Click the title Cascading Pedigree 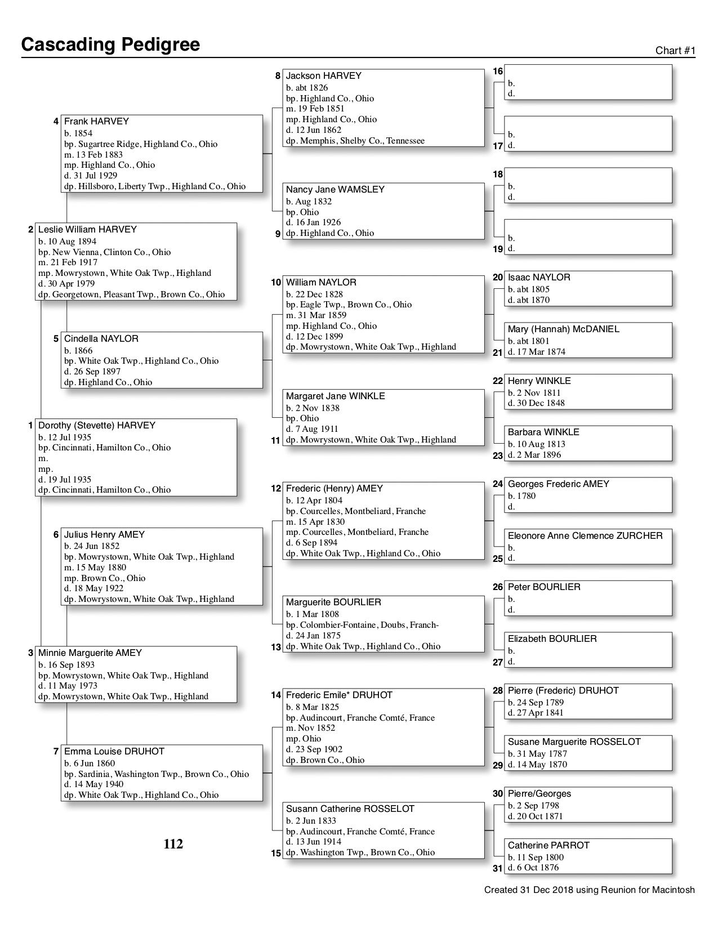pyautogui.click(x=110, y=44)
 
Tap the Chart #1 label pyautogui.click(x=675, y=51)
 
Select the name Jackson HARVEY pyautogui.click(x=323, y=76)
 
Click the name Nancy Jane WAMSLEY pyautogui.click(x=335, y=190)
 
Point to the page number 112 pyautogui.click(x=173, y=844)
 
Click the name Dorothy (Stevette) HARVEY pyautogui.click(x=96, y=426)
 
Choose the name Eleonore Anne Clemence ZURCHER pyautogui.click(x=585, y=536)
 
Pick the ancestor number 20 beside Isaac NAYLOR pyautogui.click(x=498, y=278)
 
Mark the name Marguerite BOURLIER pyautogui.click(x=333, y=602)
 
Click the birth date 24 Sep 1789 pyautogui.click(x=536, y=703)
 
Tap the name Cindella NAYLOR pyautogui.click(x=101, y=339)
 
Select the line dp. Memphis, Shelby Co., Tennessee pyautogui.click(x=355, y=141)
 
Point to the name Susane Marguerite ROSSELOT pyautogui.click(x=574, y=742)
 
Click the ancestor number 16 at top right pyautogui.click(x=498, y=72)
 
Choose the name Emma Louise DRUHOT pyautogui.click(x=114, y=752)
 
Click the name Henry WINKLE pyautogui.click(x=539, y=381)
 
